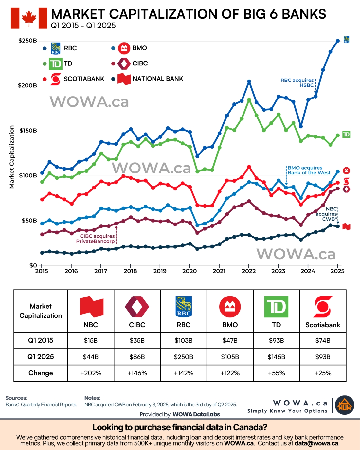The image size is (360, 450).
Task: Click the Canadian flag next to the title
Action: [x=29, y=18]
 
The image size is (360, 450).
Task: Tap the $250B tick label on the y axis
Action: [x=27, y=41]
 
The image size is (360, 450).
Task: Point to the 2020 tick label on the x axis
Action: [x=189, y=271]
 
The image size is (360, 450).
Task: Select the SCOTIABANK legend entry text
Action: [x=84, y=79]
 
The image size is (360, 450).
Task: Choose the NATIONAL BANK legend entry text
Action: [x=158, y=79]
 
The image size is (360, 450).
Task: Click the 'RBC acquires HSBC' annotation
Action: [x=297, y=82]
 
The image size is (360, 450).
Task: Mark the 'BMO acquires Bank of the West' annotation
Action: [x=309, y=170]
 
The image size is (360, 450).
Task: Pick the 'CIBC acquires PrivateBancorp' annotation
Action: [x=96, y=239]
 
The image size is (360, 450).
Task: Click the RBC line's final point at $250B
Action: [x=338, y=41]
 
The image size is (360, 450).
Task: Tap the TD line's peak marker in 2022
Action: [x=249, y=100]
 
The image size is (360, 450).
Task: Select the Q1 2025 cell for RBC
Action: [x=184, y=357]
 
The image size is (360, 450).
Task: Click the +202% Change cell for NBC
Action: [x=91, y=373]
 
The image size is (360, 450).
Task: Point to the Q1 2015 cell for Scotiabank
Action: [x=323, y=340]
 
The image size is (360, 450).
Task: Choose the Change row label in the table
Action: [x=41, y=373]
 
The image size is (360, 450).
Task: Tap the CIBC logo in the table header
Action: [x=137, y=307]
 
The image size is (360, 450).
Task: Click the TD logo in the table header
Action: [x=276, y=307]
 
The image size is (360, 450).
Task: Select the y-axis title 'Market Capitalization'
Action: [x=12, y=157]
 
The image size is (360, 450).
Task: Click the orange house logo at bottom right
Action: [x=345, y=405]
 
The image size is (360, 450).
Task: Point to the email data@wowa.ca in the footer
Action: [x=316, y=444]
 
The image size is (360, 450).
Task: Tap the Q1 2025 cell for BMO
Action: [x=230, y=357]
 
